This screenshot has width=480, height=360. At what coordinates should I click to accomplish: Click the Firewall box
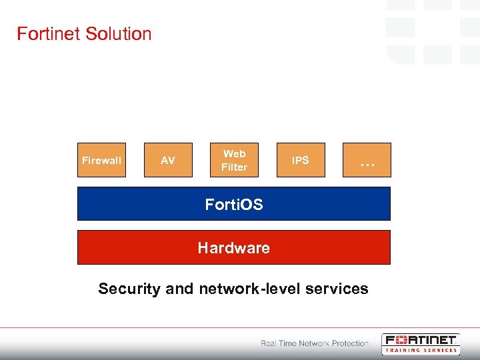101,160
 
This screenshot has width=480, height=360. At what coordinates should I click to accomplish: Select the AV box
168,160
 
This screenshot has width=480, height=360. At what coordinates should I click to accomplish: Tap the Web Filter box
234,160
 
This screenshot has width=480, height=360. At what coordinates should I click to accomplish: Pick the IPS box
301,160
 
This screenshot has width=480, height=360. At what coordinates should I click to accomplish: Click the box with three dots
367,160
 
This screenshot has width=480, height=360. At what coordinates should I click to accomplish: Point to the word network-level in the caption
249,289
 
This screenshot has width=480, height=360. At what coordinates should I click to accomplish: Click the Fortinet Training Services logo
420,343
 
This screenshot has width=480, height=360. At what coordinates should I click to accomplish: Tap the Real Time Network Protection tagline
314,343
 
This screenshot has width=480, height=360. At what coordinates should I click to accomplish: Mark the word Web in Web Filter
234,153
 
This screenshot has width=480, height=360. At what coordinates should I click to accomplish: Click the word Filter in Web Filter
234,167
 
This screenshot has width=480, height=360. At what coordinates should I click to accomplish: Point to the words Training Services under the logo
421,350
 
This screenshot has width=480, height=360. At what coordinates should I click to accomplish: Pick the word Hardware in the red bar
234,248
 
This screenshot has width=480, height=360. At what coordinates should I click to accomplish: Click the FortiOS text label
234,204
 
